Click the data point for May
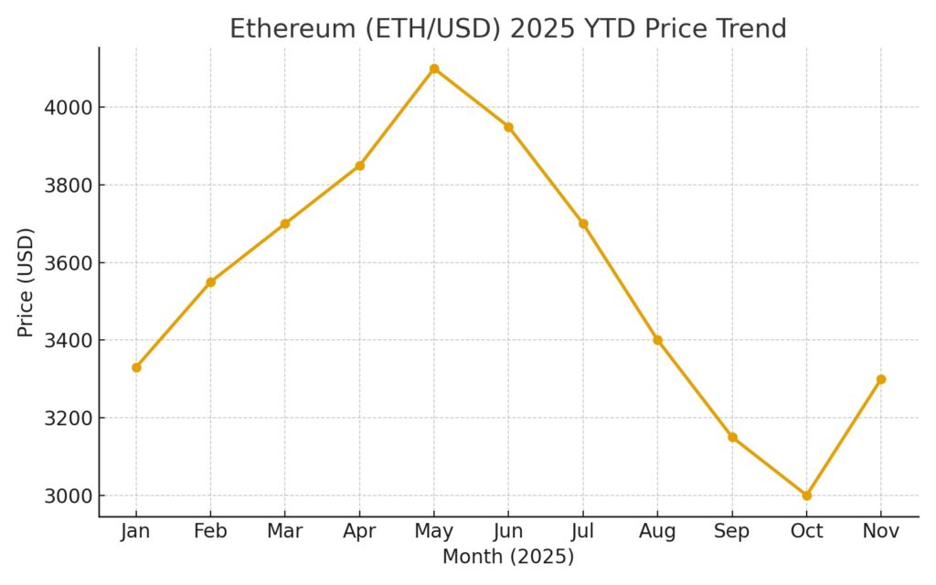pos(434,69)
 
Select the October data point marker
pos(806,495)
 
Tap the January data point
pos(136,367)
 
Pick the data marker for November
pos(881,379)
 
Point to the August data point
pos(657,340)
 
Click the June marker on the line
pos(508,127)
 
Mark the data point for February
pos(210,282)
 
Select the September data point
pos(732,437)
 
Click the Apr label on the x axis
pos(359,532)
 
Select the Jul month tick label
pos(583,532)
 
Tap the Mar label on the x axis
pos(285,532)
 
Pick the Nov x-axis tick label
pos(881,532)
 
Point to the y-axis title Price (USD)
pos(26,282)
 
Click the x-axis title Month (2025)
pos(508,557)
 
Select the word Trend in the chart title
pos(750,28)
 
